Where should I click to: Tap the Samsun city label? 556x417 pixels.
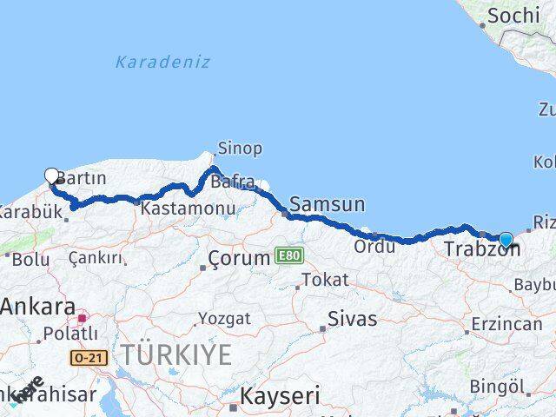click(x=327, y=204)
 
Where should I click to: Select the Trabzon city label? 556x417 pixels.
click(x=481, y=249)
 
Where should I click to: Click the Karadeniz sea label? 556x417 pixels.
click(x=162, y=63)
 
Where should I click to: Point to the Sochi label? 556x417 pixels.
click(x=514, y=15)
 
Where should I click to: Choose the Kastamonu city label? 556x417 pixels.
click(x=188, y=208)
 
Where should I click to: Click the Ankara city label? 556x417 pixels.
click(x=36, y=306)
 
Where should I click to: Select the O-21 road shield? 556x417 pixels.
click(x=89, y=357)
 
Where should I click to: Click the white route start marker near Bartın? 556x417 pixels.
click(x=51, y=175)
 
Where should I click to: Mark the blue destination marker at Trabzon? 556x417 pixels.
click(x=506, y=240)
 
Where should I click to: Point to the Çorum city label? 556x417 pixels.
click(x=239, y=258)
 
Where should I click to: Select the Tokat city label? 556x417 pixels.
click(x=325, y=280)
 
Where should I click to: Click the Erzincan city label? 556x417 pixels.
click(x=506, y=324)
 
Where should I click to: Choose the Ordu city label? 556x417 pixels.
click(x=374, y=246)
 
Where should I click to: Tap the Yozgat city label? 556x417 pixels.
click(x=224, y=318)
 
